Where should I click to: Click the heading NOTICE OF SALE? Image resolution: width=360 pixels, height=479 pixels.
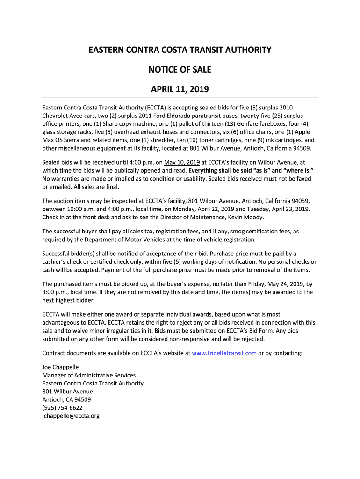pos(180,70)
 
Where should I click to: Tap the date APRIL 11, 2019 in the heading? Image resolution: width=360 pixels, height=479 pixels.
pos(180,89)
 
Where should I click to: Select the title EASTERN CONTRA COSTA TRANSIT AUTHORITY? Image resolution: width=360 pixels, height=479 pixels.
pos(180,50)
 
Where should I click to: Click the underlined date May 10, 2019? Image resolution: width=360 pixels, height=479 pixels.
pos(182,162)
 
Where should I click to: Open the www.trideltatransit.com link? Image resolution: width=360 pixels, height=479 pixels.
pos(224,353)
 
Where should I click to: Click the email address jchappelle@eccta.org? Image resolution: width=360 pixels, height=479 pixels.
pos(71,415)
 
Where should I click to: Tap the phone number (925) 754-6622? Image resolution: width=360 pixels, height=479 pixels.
pos(63,407)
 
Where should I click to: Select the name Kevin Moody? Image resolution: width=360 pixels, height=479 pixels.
pos(252,217)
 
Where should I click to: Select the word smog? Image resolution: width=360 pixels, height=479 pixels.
pos(243,231)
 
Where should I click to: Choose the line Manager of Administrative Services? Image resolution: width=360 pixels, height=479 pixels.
pos(89,375)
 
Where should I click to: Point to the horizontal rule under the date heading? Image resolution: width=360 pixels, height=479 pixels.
pos(180,97)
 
